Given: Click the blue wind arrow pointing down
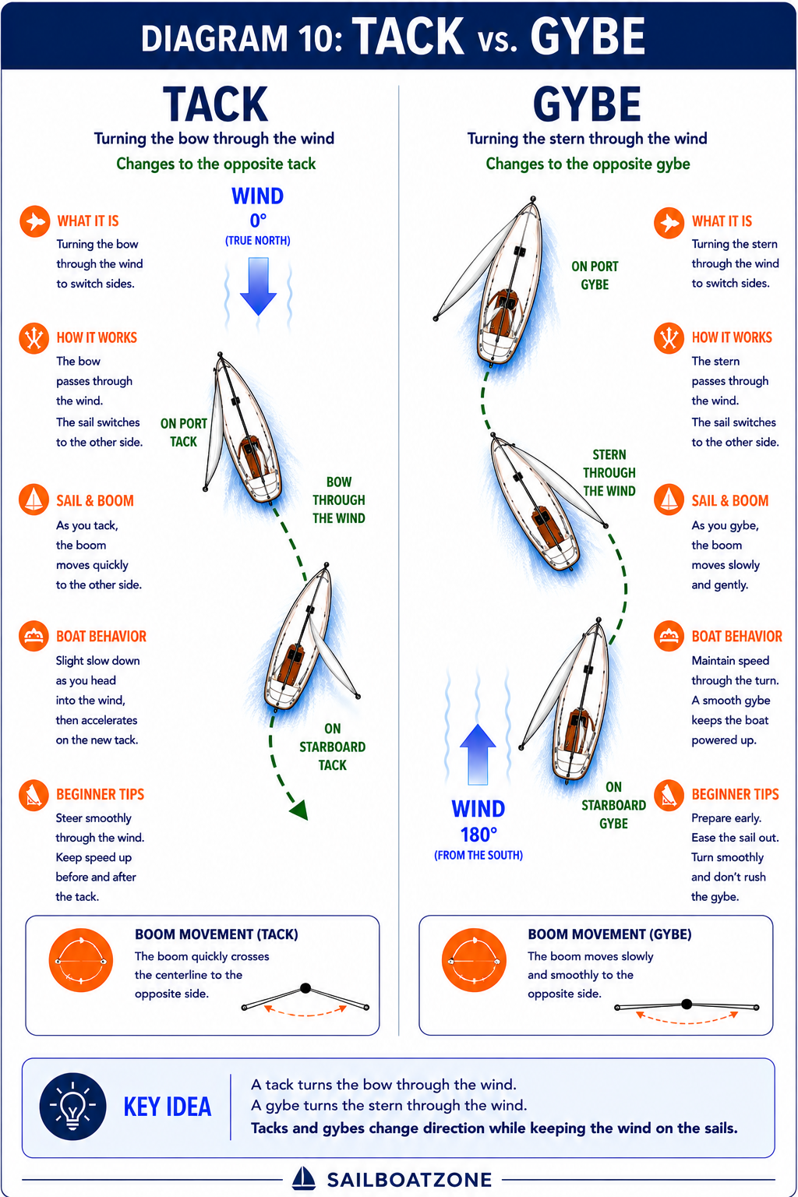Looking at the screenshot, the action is point(258,286).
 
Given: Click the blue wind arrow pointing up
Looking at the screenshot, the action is point(478,754).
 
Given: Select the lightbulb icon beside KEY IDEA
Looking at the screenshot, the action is point(72,1107).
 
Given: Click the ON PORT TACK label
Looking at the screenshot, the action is point(183,433).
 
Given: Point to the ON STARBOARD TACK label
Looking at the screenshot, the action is point(333,747).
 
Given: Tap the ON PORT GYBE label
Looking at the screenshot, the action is point(595,275).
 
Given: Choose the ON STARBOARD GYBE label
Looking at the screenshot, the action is point(613,805).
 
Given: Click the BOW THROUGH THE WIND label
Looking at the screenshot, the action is point(339,500).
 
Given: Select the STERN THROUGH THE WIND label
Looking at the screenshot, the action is point(609,472).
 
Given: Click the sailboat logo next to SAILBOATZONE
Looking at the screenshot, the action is point(304,1178).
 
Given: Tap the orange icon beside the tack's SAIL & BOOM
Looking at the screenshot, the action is point(34,500).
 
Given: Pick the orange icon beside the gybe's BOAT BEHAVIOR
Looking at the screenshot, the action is point(669,636).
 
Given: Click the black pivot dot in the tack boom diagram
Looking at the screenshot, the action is point(305,988).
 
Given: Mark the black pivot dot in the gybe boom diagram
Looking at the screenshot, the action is point(687,1004).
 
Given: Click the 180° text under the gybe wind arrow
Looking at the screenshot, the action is point(478,835).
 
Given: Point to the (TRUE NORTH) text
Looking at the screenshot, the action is point(258,241).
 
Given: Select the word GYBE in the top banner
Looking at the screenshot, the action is point(588,37).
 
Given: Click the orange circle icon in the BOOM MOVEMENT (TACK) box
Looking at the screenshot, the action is point(81,960).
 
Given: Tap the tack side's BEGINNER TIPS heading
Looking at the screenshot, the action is point(100,794).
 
